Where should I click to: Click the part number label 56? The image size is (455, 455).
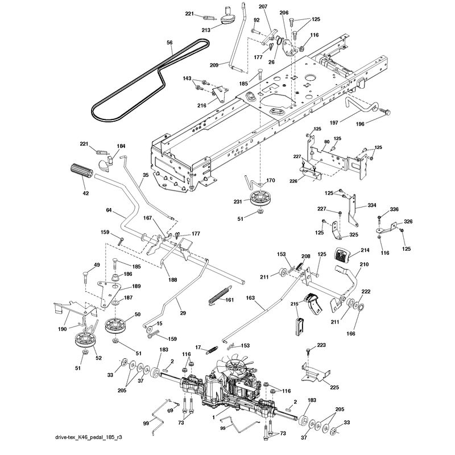coord(169,43)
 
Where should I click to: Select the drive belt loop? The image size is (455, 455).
coord(150,80)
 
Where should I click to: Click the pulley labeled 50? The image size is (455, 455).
coord(116,325)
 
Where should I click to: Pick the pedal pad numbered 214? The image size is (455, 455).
coord(344,255)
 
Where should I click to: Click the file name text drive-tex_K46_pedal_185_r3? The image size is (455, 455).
coord(89,437)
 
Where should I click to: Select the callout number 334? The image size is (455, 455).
coord(372,205)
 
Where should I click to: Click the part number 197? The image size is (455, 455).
coord(334,123)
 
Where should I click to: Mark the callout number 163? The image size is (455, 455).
coord(250,297)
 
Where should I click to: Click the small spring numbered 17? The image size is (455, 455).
coord(211,350)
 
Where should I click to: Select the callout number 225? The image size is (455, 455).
coord(334,387)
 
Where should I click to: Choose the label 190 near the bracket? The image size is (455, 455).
coord(62,329)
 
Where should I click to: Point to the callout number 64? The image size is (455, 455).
coord(109,210)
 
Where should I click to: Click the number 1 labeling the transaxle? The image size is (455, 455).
coord(214,417)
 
